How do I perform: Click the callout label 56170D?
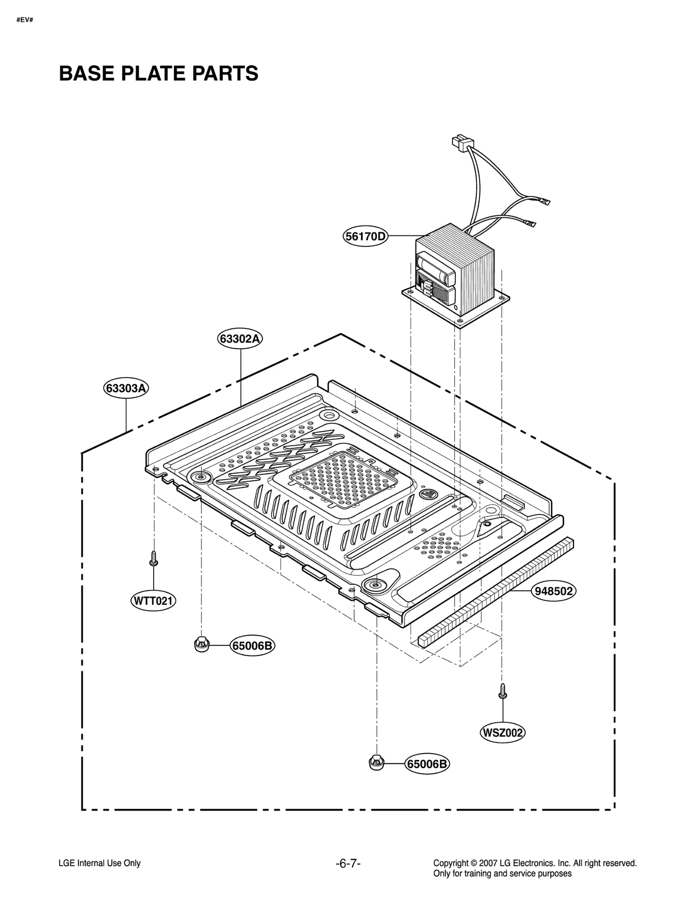coord(366,237)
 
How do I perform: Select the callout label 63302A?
coord(240,339)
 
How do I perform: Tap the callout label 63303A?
coord(126,388)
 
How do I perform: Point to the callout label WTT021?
coord(153,601)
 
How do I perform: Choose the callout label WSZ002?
coord(502,733)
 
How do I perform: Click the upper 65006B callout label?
coord(253,646)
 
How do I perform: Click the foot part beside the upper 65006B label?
coord(201,644)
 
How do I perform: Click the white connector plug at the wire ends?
coord(462,142)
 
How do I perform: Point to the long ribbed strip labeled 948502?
coord(495,592)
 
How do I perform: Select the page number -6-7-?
coord(348,863)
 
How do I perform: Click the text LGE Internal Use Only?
coord(99,863)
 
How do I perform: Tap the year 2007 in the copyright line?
coord(488,863)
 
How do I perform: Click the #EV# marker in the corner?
coord(25,20)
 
